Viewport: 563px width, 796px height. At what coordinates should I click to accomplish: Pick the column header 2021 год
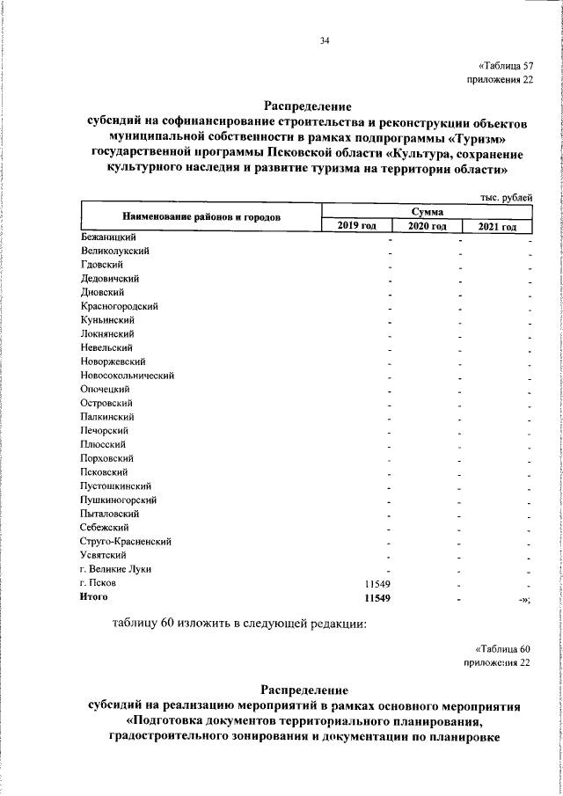498,227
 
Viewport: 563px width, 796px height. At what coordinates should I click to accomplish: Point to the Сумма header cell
428,212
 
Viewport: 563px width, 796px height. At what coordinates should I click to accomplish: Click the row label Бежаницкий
107,237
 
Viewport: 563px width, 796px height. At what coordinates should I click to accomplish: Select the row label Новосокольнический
127,376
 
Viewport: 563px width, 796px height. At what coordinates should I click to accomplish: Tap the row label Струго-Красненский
125,541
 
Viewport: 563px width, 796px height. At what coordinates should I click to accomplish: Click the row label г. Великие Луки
115,569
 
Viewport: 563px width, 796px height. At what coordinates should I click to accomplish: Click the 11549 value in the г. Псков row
377,583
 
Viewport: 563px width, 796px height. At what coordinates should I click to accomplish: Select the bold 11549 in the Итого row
377,597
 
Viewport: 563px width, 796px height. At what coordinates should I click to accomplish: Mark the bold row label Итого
93,597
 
